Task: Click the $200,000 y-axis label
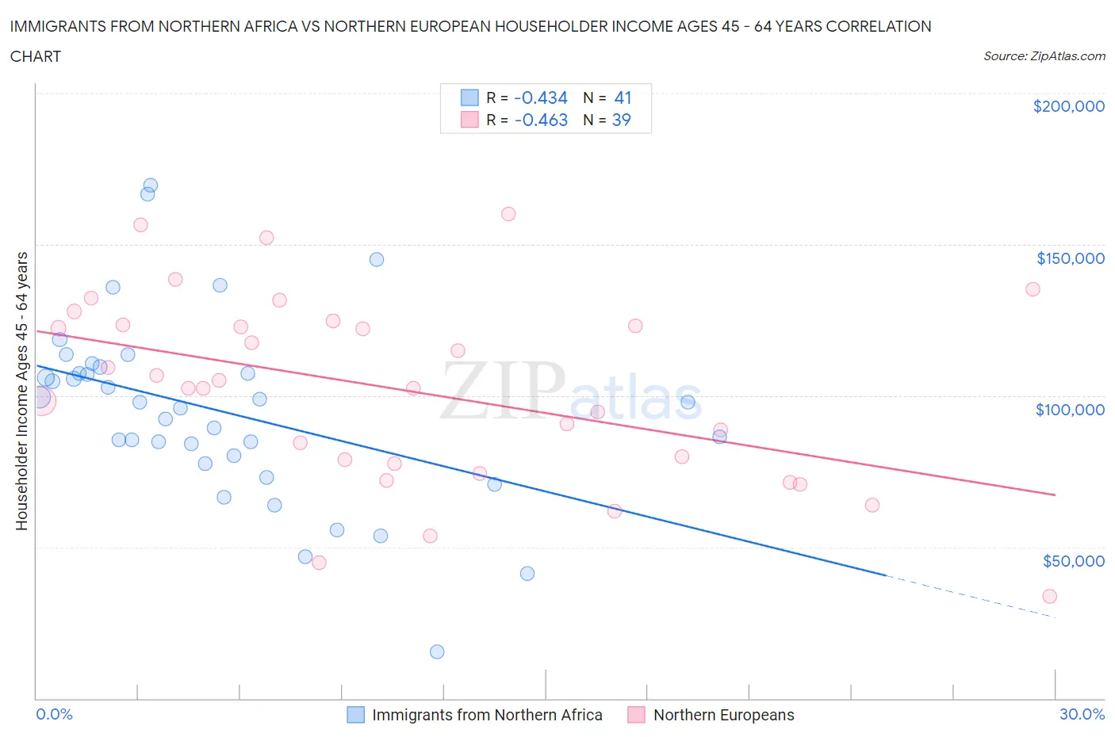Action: click(x=1068, y=106)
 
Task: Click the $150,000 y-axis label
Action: click(x=1070, y=258)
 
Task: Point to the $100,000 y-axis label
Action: click(x=1070, y=410)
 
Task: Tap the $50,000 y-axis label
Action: click(x=1073, y=561)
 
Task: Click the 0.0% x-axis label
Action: click(x=54, y=714)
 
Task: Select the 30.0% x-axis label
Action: click(x=1082, y=714)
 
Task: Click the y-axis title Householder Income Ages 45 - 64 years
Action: click(x=22, y=391)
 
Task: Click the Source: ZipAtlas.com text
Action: click(x=1044, y=56)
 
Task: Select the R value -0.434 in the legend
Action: click(x=541, y=97)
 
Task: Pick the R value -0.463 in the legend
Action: click(x=541, y=120)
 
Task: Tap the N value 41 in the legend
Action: click(x=623, y=97)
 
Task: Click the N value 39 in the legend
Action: click(x=621, y=120)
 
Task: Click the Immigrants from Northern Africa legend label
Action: click(x=487, y=715)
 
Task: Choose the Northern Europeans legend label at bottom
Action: click(x=723, y=715)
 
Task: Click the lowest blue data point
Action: click(x=437, y=651)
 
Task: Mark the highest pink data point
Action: click(x=508, y=214)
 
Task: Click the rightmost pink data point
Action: click(x=1049, y=596)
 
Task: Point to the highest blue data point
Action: click(x=150, y=185)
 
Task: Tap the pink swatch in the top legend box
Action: click(x=469, y=120)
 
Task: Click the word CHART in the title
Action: click(x=36, y=56)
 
